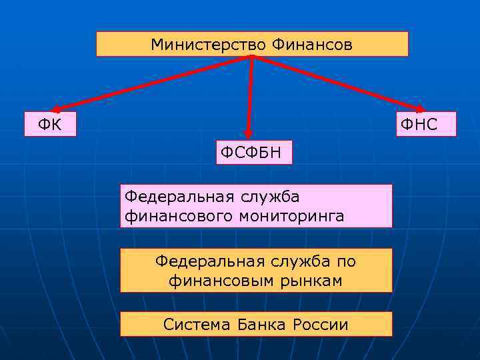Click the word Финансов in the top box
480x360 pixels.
coord(311,45)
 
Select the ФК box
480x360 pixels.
coord(50,124)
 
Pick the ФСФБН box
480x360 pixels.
coord(253,153)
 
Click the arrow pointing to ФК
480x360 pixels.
coord(147,84)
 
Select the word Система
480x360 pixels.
coord(196,325)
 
